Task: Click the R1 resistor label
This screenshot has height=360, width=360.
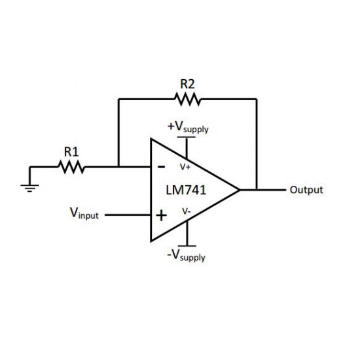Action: point(71,152)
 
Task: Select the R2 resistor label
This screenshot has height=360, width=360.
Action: point(187,84)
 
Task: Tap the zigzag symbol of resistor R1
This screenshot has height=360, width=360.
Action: point(71,167)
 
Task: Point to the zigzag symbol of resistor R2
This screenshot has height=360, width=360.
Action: point(188,99)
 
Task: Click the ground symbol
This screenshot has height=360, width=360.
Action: point(29,188)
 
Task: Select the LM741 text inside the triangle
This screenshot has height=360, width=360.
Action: point(186,190)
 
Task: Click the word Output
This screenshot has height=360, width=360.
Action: point(306,190)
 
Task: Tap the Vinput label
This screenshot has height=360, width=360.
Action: point(84,213)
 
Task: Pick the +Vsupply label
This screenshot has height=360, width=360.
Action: point(188,127)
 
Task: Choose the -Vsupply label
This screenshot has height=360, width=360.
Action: point(186,255)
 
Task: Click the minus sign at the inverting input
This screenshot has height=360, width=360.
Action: point(162,167)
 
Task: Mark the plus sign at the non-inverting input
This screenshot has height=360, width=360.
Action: point(162,215)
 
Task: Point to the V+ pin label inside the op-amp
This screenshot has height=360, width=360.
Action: point(185,167)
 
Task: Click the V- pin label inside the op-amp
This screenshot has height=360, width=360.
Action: point(187,211)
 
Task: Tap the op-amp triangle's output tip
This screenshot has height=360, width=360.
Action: point(240,190)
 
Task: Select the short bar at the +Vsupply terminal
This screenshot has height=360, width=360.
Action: point(187,137)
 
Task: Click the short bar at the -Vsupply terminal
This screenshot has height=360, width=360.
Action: point(187,245)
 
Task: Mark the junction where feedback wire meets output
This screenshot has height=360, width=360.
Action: point(257,190)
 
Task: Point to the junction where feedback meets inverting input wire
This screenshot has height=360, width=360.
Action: point(118,167)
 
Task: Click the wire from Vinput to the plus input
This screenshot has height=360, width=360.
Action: point(128,215)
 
